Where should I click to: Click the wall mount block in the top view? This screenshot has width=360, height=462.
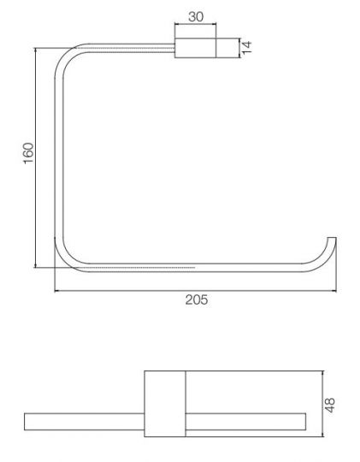(195, 49)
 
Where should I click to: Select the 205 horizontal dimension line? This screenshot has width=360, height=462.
(128, 290)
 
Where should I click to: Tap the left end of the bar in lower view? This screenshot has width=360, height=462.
(28, 420)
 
